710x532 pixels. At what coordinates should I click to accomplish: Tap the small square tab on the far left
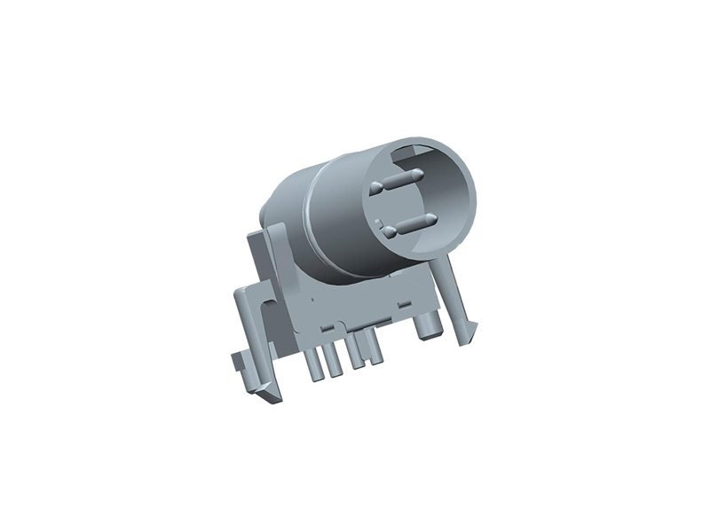tap(238, 362)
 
